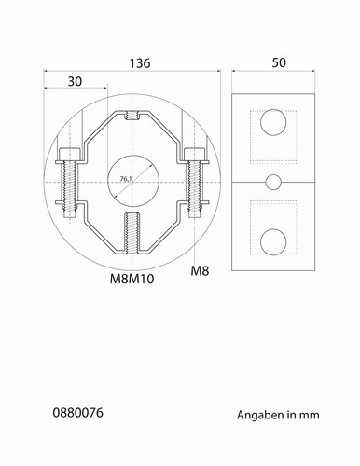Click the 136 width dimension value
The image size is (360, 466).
(140, 63)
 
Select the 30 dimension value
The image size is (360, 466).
(75, 81)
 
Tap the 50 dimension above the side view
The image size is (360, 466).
(279, 62)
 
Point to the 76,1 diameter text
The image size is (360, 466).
(126, 179)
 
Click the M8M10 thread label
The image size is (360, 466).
(132, 279)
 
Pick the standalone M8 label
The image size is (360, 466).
(200, 271)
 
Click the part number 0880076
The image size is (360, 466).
(77, 413)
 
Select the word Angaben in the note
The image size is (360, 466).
(260, 416)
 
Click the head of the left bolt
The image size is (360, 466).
(70, 154)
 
